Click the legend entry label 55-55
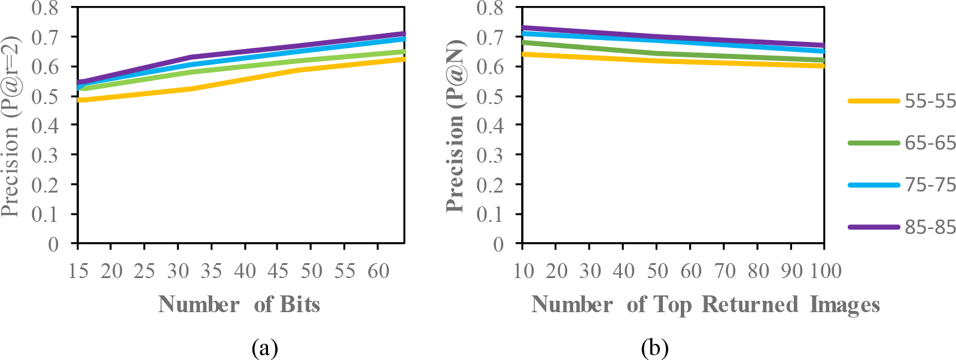tap(930, 101)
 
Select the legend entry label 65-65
tap(930, 143)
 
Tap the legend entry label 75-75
tap(930, 185)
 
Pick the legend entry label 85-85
tap(930, 227)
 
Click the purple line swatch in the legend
tap(873, 227)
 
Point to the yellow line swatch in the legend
tap(873, 101)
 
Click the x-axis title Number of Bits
tap(239, 305)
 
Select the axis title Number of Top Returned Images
tap(706, 305)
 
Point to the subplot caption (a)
tap(265, 347)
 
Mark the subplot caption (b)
tap(655, 347)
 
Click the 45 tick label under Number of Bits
tap(278, 271)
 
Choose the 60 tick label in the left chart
tap(378, 271)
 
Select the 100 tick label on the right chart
tap(826, 271)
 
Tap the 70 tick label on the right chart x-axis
tap(724, 271)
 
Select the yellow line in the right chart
tap(658, 60)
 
